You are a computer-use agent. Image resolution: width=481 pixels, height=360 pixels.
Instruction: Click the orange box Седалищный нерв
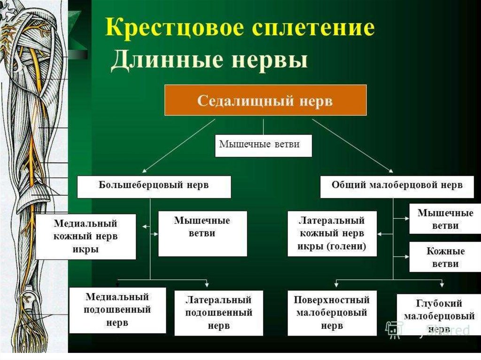[x=265, y=100]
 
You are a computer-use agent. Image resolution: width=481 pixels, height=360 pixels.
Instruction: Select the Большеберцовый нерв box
[x=154, y=186]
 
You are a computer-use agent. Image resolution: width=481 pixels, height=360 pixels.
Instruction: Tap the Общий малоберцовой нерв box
[x=397, y=186]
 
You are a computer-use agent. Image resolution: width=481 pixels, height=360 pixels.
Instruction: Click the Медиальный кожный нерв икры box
[x=85, y=236]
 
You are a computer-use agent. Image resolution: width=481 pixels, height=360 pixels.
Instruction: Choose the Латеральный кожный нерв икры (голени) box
[x=332, y=233]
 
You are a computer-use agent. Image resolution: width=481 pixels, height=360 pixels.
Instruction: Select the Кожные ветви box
[x=445, y=257]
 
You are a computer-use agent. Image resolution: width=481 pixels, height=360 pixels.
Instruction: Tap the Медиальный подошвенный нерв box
[x=117, y=310]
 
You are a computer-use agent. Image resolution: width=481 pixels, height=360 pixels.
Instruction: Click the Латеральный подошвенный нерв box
[x=218, y=313]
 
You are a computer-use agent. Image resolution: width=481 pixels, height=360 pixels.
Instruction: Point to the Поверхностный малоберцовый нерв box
[x=332, y=313]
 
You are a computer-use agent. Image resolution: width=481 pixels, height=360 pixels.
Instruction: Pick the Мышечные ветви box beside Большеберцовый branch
[x=202, y=233]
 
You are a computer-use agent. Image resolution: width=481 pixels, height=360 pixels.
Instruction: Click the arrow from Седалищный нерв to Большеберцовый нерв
[x=178, y=146]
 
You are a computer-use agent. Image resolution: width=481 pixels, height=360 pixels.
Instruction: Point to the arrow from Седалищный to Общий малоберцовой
[x=352, y=146]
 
